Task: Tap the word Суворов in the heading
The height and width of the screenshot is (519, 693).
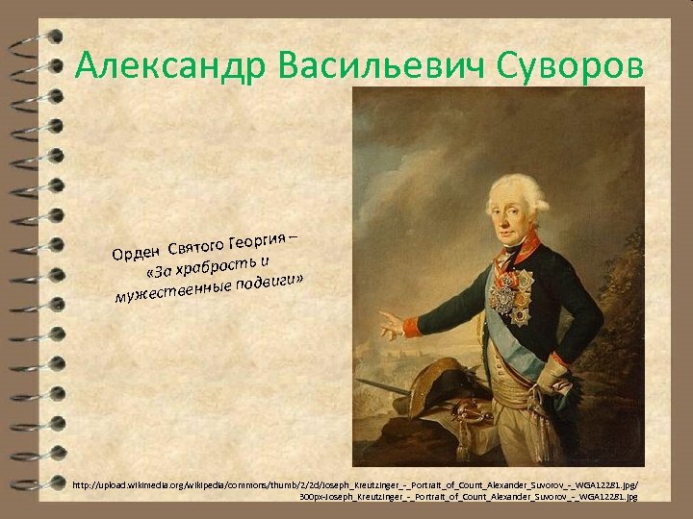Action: coord(569,66)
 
